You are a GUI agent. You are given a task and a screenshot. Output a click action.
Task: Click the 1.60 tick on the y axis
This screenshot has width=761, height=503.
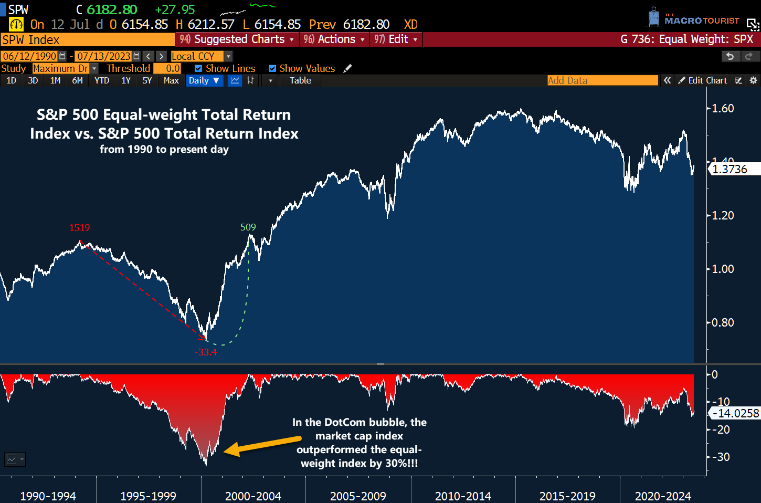click(722, 109)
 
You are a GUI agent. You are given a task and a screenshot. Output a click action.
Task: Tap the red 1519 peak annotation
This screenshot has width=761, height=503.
click(80, 228)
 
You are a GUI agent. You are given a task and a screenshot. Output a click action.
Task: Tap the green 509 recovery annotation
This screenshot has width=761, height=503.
click(248, 227)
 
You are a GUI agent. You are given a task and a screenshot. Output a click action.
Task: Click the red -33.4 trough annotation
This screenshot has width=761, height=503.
click(206, 352)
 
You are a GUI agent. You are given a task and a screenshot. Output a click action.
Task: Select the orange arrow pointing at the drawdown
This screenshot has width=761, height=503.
click(262, 445)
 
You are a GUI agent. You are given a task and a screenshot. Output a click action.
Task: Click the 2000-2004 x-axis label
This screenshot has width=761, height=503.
click(253, 496)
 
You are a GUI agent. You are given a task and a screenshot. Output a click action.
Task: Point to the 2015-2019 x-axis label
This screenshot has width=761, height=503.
click(567, 496)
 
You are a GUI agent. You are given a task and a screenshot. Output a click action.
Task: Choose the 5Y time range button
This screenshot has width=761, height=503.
click(147, 80)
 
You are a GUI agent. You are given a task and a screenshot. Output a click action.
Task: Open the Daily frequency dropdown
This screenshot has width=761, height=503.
click(204, 80)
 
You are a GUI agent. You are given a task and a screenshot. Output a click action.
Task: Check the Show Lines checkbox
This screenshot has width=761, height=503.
click(198, 69)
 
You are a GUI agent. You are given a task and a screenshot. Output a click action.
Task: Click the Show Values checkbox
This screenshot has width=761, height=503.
click(272, 69)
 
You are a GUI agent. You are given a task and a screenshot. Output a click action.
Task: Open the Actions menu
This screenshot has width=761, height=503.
click(334, 39)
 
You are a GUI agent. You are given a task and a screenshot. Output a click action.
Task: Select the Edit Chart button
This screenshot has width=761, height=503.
click(703, 80)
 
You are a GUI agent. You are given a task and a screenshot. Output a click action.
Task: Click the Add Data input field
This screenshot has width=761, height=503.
click(602, 80)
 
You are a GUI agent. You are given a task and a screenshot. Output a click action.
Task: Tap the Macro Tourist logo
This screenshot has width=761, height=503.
click(693, 18)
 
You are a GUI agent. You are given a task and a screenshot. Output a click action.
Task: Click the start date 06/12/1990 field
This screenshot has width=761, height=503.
click(30, 56)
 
